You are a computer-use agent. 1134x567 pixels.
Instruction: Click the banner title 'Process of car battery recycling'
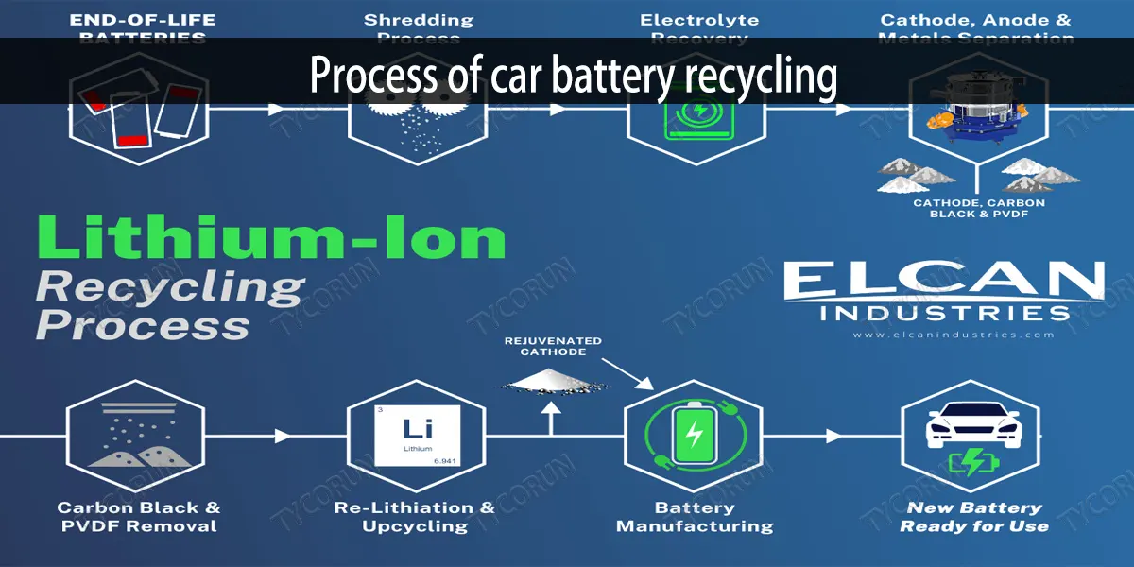[573, 77]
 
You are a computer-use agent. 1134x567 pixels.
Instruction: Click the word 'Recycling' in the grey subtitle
[170, 284]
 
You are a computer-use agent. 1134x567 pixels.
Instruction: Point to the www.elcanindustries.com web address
[952, 335]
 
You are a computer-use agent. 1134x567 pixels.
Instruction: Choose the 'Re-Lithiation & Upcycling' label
[415, 517]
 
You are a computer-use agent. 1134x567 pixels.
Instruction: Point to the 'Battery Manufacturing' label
[695, 517]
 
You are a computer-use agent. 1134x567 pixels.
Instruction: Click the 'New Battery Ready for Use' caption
[973, 517]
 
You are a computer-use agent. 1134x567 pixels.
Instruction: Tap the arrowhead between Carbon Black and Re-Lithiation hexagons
[282, 436]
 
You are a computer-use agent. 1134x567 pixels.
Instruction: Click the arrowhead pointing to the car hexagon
[833, 436]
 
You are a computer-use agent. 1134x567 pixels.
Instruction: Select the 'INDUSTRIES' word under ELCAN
[945, 312]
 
